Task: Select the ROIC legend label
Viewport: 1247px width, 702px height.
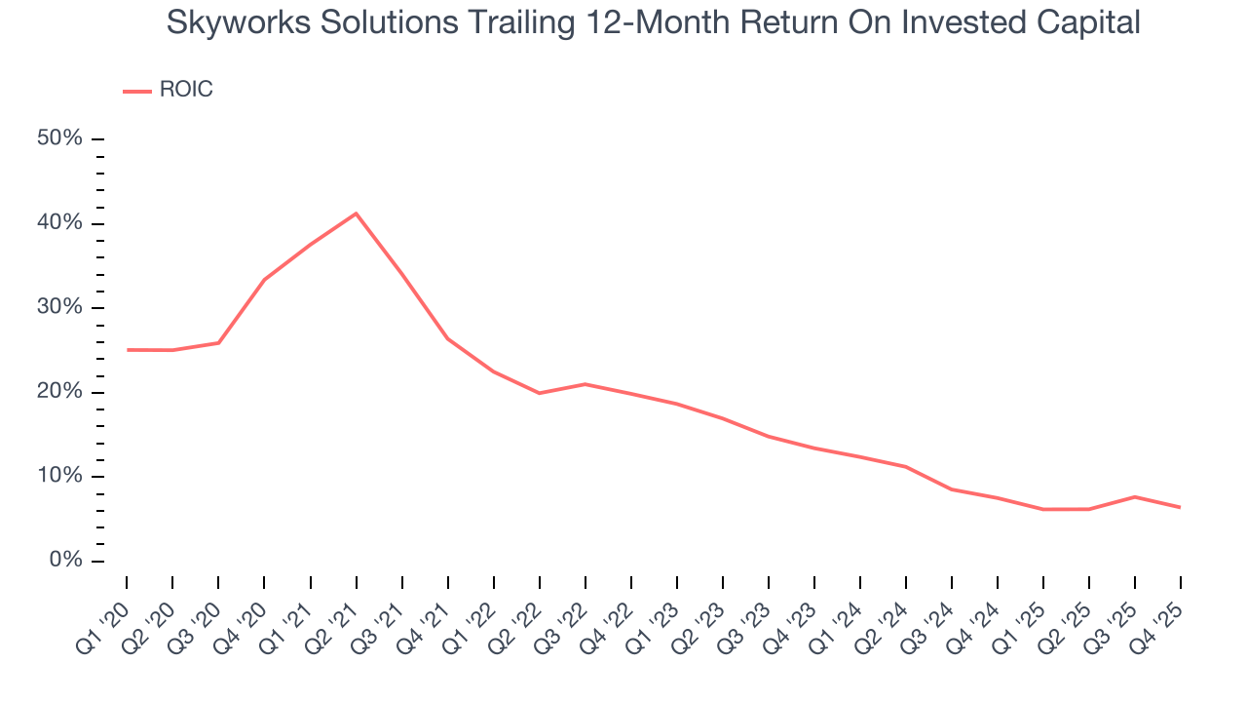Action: pos(185,90)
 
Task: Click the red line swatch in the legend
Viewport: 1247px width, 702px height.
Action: pos(137,91)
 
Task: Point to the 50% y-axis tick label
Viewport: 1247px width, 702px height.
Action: pos(59,138)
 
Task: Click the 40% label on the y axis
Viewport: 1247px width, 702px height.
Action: pos(59,223)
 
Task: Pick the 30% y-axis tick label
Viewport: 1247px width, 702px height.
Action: pos(59,307)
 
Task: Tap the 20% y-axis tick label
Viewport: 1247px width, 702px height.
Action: pos(59,392)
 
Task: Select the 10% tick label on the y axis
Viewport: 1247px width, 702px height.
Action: pos(59,476)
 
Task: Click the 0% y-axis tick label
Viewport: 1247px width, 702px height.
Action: pos(64,561)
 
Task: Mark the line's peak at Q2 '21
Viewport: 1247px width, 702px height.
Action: pos(356,214)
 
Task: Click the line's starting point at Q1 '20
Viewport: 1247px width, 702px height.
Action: pos(127,349)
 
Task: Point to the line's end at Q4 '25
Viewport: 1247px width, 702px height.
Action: pos(1180,507)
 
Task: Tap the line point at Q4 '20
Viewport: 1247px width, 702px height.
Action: pos(264,280)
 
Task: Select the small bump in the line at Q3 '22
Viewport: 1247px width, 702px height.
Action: pos(585,384)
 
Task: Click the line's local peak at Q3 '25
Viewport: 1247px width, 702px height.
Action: pos(1134,497)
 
